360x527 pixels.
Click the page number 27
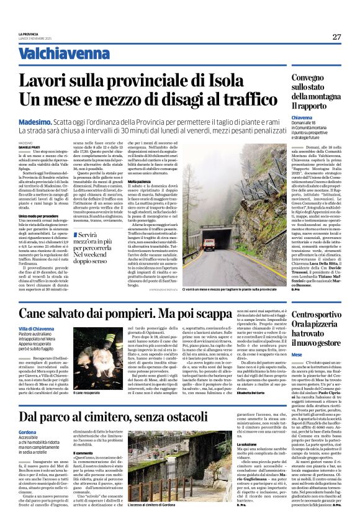(x=336, y=37)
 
